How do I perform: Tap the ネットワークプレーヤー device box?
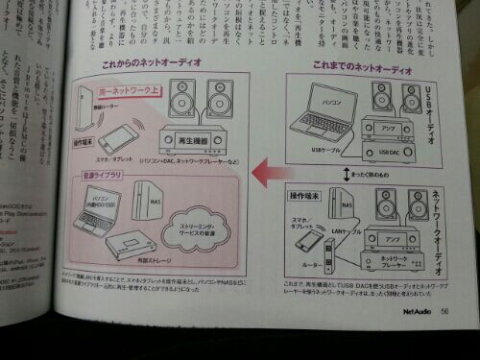396,262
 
